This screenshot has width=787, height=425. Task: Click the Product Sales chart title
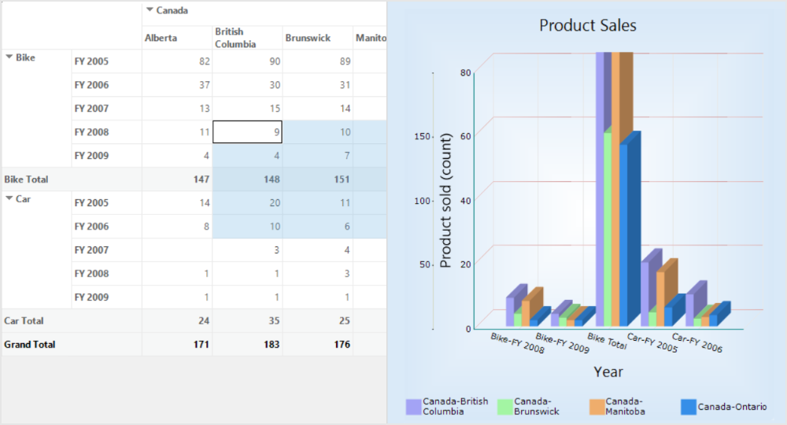coord(587,25)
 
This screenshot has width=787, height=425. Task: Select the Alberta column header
coord(161,38)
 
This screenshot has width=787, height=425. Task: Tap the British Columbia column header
coord(235,38)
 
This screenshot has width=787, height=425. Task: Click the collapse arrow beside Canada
coord(150,10)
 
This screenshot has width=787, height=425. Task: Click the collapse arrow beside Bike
coord(9,57)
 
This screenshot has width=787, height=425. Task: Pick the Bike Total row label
coord(27,179)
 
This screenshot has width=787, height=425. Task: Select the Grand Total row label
coord(30,345)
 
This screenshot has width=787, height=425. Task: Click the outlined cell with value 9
coord(247,132)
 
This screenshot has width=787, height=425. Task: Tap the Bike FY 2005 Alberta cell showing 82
coord(177,61)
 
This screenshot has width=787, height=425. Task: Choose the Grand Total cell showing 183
coord(247,345)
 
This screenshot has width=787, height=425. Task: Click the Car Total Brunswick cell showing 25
coord(317,321)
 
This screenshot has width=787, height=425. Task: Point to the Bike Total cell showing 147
coord(177,179)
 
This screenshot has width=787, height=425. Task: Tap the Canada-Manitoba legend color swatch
coord(597,407)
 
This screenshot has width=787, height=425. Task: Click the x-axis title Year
coord(608,371)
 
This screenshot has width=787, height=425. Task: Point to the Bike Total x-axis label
coord(607,341)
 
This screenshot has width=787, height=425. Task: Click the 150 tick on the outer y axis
coord(421,136)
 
